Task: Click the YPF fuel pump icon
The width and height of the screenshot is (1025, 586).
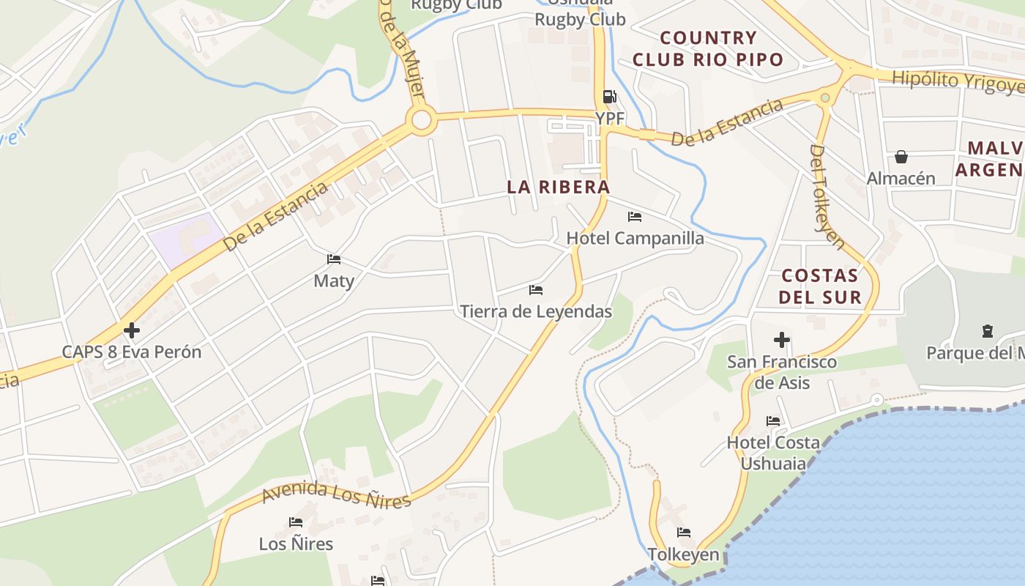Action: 609,97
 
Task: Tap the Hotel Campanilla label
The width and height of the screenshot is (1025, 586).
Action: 635,238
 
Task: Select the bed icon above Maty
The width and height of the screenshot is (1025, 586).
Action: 334,259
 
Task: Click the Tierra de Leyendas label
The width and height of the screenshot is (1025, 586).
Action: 536,311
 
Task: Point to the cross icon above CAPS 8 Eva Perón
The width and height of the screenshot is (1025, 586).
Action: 132,330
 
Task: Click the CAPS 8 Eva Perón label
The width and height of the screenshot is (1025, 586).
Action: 131,352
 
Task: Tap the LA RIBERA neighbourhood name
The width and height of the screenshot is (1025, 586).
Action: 559,187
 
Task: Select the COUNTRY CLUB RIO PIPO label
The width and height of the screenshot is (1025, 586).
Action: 708,48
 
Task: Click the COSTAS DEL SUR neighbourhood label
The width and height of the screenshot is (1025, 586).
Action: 819,286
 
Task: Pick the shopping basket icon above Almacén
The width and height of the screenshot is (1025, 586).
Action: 901,157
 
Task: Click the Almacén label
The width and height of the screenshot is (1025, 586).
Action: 901,178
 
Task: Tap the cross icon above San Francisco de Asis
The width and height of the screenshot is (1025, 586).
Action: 782,340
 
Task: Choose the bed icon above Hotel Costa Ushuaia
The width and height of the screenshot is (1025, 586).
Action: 773,421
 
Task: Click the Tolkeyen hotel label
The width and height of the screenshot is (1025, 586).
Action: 684,555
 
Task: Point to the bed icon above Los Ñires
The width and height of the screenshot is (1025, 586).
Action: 296,522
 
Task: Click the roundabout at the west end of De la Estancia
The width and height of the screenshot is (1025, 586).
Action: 421,120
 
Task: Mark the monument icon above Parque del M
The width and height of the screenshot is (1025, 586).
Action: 988,331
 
